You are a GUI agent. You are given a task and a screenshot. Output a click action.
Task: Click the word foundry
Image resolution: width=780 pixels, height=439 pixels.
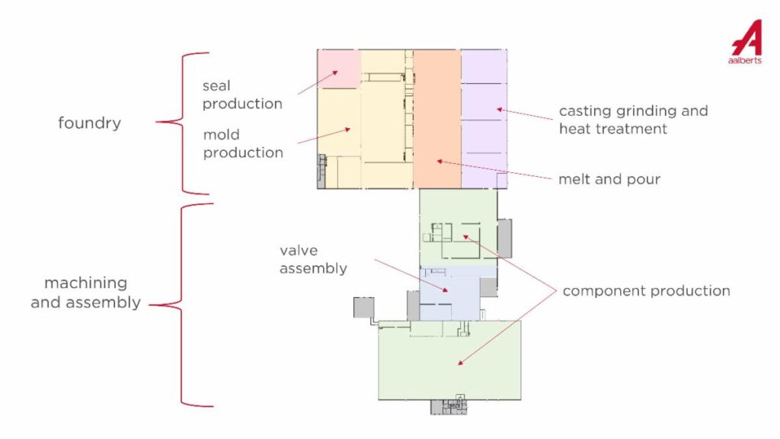pyautogui.click(x=89, y=123)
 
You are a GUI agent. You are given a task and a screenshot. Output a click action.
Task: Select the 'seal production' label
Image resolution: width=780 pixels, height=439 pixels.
pyautogui.click(x=242, y=95)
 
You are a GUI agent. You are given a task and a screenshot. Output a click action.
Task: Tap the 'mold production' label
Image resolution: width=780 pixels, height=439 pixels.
pyautogui.click(x=242, y=143)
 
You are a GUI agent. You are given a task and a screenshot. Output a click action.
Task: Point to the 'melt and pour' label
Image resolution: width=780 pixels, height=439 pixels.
pyautogui.click(x=609, y=180)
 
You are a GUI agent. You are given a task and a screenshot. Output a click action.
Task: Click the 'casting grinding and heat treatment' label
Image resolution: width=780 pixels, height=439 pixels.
pyautogui.click(x=633, y=120)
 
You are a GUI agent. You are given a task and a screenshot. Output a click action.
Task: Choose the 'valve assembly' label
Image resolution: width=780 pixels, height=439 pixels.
pyautogui.click(x=313, y=259)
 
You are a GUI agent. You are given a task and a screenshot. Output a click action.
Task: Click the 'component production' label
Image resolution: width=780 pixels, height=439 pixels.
pyautogui.click(x=646, y=291)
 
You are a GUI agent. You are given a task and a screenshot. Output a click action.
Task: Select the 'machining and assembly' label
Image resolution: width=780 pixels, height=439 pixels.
pyautogui.click(x=85, y=293)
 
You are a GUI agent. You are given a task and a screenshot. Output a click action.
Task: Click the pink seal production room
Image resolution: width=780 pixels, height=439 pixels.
pyautogui.click(x=338, y=68)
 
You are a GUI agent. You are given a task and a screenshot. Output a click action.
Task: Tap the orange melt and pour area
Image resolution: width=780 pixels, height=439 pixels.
pyautogui.click(x=437, y=118)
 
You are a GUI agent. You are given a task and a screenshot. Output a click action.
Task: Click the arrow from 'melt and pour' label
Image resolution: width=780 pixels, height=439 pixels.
pyautogui.click(x=495, y=170)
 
